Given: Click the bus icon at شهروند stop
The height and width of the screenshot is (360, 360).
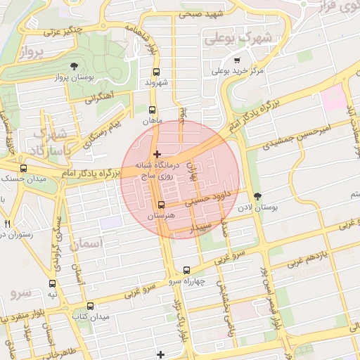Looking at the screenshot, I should click(155, 72).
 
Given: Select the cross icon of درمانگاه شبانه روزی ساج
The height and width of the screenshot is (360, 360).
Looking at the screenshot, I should click(156, 153).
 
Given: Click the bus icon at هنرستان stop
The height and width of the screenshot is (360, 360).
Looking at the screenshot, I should click(161, 205).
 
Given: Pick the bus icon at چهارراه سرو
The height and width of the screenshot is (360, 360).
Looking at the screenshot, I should click(186, 270).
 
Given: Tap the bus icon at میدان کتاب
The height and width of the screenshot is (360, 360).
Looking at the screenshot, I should click(90, 306).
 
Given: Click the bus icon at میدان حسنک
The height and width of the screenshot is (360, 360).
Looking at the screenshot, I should click(24, 169).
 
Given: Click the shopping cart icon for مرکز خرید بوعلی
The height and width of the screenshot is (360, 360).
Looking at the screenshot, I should click(237, 60).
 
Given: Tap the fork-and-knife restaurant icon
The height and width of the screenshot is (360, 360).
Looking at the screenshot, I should click(7, 223).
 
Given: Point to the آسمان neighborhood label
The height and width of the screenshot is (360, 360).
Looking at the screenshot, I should click(87, 244).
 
